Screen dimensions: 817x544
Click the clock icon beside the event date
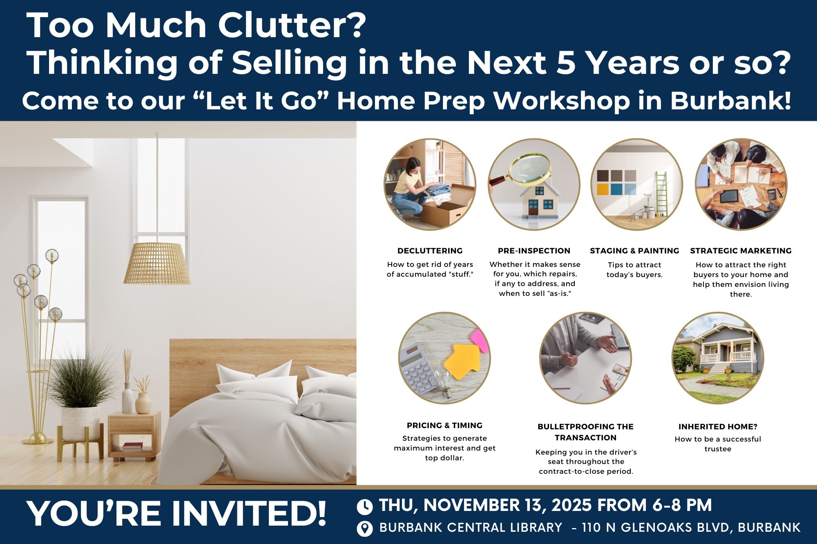click(x=365, y=506)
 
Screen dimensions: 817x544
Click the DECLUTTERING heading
click(x=430, y=251)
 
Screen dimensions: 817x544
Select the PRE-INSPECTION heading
click(x=534, y=251)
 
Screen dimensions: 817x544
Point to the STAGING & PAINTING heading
click(x=634, y=251)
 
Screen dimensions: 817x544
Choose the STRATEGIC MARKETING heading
click(x=741, y=251)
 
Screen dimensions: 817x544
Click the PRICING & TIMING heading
click(x=444, y=425)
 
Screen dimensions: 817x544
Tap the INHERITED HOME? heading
click(x=718, y=426)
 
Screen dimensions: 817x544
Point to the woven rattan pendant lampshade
click(x=157, y=264)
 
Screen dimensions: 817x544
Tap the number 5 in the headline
click(x=566, y=63)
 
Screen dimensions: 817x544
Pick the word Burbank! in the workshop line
click(x=731, y=100)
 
